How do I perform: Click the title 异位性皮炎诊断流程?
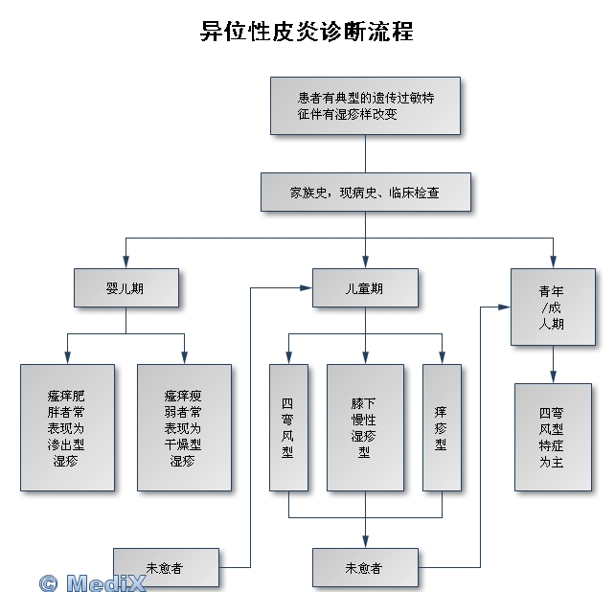[x=307, y=31]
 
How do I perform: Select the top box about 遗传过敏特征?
[x=365, y=105]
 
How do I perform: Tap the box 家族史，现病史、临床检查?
[x=365, y=193]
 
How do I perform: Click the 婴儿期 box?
[x=126, y=287]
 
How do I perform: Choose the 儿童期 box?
[x=365, y=287]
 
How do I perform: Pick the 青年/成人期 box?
[x=553, y=307]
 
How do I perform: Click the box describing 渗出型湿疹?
[x=67, y=427]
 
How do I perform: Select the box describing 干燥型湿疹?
[x=184, y=427]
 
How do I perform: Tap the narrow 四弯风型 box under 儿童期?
[x=288, y=427]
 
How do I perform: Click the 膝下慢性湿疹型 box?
[x=365, y=427]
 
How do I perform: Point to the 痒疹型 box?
[x=442, y=427]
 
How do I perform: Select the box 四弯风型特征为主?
[x=553, y=436]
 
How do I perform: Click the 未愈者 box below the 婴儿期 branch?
[x=166, y=567]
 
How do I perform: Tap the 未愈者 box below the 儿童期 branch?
[x=365, y=567]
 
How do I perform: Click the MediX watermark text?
[x=93, y=581]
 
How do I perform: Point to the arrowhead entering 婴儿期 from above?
[x=126, y=263]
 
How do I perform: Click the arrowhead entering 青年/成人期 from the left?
[x=505, y=307]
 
